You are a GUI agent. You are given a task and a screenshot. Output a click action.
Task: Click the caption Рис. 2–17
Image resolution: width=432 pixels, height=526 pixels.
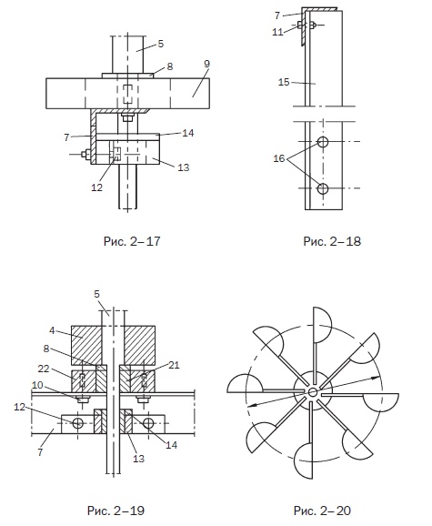[132, 241]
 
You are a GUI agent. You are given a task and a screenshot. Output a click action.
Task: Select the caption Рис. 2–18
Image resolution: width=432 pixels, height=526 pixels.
[332, 241]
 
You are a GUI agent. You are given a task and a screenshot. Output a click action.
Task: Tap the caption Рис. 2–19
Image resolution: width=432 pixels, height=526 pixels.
[116, 511]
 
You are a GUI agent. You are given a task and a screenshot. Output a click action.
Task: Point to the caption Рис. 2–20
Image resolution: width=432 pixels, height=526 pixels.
[322, 511]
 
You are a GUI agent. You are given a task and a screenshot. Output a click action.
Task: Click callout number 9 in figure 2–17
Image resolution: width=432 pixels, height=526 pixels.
[206, 64]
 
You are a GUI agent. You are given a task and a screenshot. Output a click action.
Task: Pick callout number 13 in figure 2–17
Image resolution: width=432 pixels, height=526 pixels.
[184, 167]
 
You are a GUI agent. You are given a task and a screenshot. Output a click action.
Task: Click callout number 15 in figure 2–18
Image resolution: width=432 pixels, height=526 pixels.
[284, 82]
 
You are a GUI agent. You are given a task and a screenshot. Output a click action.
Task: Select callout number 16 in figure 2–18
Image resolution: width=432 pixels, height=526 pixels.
[279, 158]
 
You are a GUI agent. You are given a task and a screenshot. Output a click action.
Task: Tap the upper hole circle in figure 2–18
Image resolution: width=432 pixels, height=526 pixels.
[323, 142]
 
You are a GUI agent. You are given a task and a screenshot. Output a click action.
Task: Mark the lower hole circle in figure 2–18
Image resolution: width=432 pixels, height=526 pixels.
[323, 188]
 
